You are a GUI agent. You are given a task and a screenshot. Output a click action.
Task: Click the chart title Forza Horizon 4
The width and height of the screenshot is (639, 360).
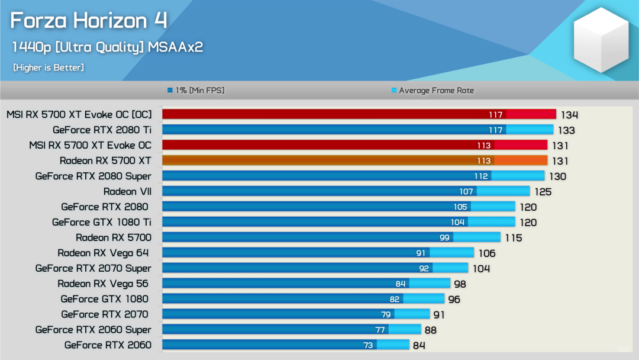click(x=89, y=21)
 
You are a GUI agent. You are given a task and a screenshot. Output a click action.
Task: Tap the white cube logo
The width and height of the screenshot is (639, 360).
click(x=601, y=40)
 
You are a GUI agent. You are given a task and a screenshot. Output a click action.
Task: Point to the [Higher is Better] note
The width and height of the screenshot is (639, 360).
click(x=49, y=67)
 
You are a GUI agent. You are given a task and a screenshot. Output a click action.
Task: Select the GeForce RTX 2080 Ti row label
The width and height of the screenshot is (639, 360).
click(x=102, y=130)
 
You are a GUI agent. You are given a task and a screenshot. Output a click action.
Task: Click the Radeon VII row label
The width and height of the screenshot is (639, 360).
click(x=127, y=191)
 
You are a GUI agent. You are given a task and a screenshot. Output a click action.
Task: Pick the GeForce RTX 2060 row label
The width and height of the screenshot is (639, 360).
click(x=108, y=345)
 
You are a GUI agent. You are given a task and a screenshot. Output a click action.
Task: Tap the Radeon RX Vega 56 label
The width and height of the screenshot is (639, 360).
click(x=103, y=284)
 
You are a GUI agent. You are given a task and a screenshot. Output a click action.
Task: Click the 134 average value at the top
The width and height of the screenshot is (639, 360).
click(x=570, y=115)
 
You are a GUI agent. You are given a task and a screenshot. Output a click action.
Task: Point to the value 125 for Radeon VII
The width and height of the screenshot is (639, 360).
click(x=543, y=191)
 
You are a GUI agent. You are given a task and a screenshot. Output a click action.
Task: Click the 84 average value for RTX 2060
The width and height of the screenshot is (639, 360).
click(x=419, y=345)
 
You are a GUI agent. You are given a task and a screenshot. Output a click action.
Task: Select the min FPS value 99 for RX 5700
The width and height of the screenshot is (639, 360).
click(x=444, y=237)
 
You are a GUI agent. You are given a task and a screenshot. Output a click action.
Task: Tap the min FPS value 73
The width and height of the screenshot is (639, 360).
click(x=368, y=345)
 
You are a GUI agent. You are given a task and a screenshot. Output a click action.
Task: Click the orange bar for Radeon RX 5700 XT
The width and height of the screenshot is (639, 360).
click(x=354, y=160)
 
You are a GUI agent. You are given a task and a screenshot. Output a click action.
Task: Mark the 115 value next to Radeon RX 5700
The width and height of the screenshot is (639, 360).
click(x=514, y=237)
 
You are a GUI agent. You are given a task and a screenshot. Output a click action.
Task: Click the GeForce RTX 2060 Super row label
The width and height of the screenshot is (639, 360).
click(x=93, y=329)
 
